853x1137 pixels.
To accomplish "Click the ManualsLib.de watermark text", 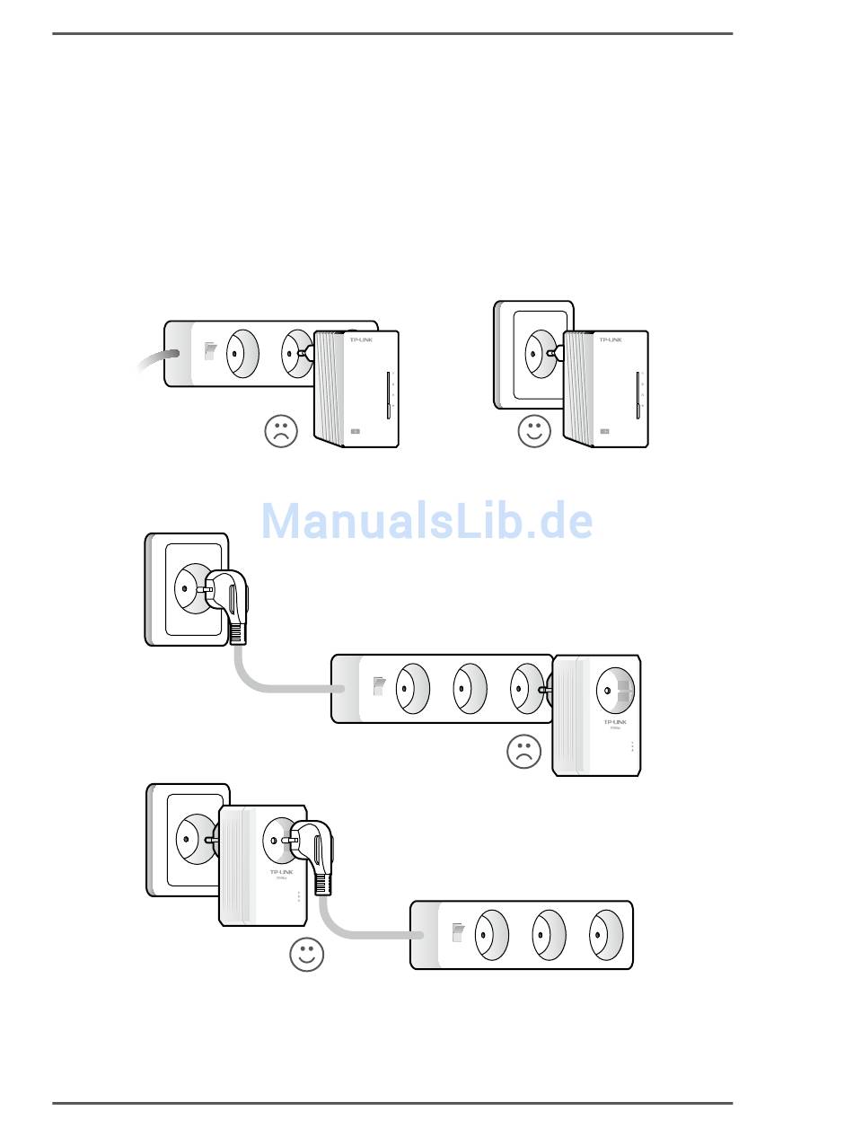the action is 426,522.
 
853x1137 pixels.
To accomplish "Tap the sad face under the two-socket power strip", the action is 281,431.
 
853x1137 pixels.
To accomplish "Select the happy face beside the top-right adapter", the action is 534,431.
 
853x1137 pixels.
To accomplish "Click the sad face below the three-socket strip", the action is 523,752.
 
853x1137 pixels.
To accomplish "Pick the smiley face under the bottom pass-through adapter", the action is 306,955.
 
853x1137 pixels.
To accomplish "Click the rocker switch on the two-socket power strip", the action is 210,350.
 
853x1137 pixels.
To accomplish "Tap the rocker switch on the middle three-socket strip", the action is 379,687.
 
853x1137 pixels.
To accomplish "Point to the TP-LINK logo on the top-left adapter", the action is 360,340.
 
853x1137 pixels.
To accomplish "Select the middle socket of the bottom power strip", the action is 549,935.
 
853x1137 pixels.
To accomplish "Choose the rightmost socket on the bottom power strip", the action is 606,935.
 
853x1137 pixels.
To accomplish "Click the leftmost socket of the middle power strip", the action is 412,689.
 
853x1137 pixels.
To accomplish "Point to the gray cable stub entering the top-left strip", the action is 152,359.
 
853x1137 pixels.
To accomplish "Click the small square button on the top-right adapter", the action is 605,433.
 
